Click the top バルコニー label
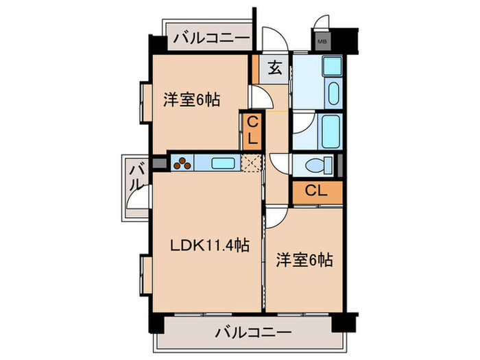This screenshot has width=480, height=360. coord(211,38)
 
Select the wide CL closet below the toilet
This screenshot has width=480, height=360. coord(316,191)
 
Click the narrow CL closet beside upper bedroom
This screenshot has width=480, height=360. coord(252,130)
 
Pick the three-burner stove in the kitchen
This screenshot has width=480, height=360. coord(183,164)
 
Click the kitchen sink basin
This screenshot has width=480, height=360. coord(221,164)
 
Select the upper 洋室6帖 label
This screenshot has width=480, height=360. coord(191,99)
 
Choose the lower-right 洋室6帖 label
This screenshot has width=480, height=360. coord(304,260)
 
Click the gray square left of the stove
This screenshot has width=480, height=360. coord(160,164)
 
